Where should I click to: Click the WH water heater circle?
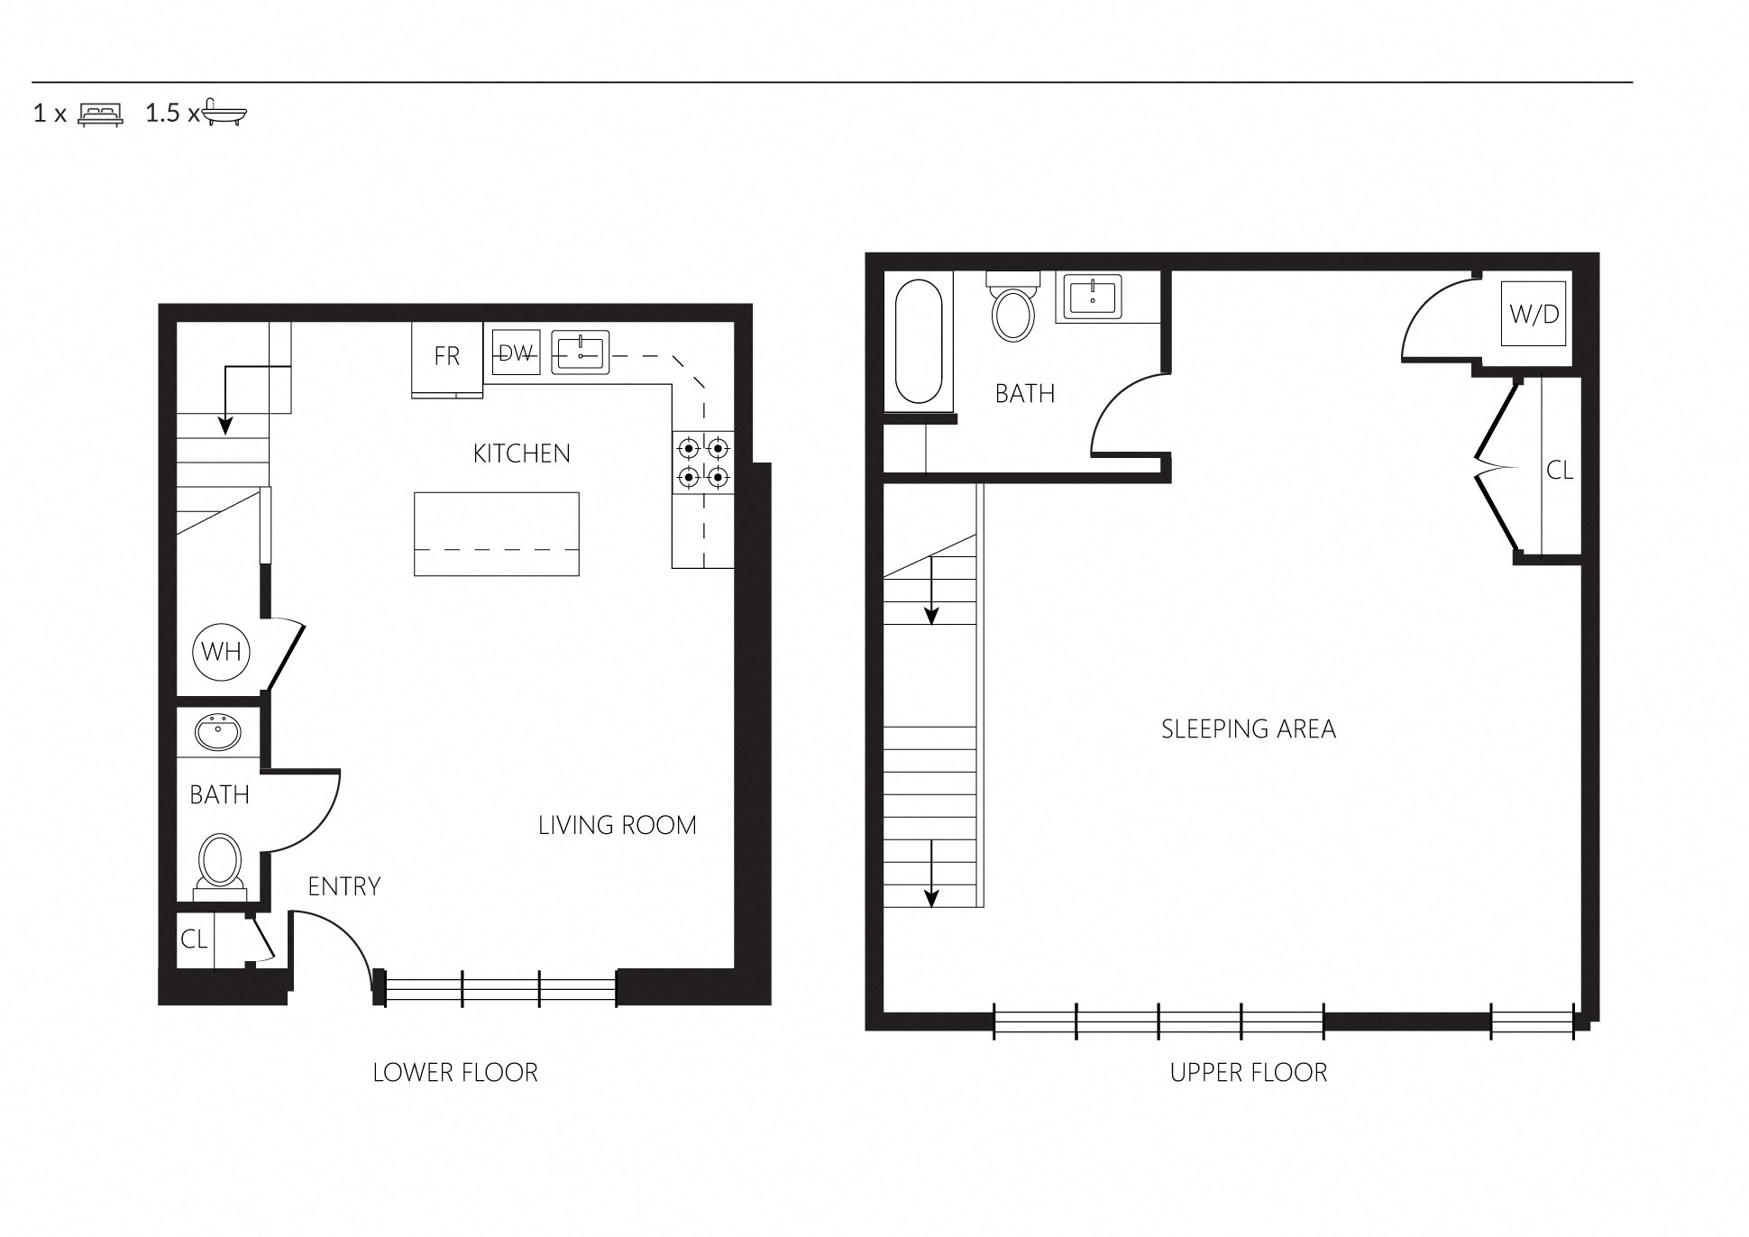tap(221, 651)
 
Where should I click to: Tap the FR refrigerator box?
tap(447, 357)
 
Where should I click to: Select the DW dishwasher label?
tap(515, 353)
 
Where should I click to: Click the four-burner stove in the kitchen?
tap(702, 462)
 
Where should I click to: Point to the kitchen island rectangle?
tap(496, 533)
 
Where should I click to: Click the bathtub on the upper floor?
tap(919, 341)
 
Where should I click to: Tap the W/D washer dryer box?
tap(1534, 314)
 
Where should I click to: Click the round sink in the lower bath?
tap(218, 732)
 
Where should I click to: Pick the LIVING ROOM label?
tap(617, 825)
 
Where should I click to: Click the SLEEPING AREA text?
tap(1248, 728)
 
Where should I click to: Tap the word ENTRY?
tap(343, 886)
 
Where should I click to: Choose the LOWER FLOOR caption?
tap(455, 1072)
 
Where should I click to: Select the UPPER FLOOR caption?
tap(1248, 1072)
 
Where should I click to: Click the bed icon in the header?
tap(100, 114)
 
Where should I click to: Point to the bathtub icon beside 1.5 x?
tap(224, 113)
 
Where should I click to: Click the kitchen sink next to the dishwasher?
tap(580, 352)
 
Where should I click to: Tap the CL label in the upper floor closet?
tap(1559, 470)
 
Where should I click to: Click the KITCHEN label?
tap(521, 454)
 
